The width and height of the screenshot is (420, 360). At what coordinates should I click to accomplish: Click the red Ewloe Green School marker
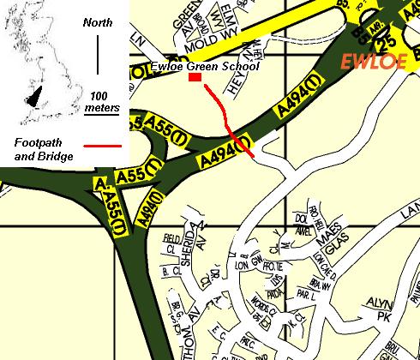(x=195, y=78)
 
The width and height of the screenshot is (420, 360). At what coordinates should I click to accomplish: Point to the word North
(x=98, y=22)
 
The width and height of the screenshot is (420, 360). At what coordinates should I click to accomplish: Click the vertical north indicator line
(x=98, y=57)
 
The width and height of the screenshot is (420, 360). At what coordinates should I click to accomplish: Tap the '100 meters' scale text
(x=104, y=101)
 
